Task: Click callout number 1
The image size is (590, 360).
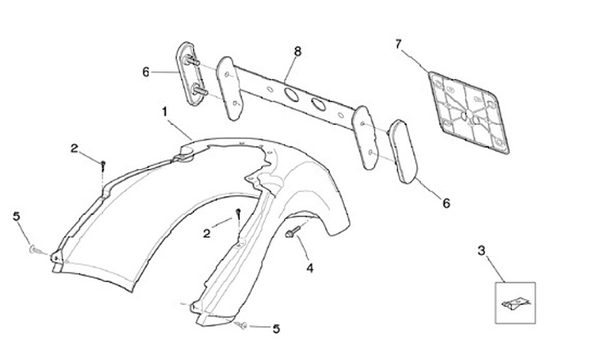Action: (x=165, y=109)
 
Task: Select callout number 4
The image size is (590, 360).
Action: (x=310, y=267)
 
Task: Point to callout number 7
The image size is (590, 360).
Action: (x=399, y=44)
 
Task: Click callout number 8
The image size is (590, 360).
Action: (x=297, y=51)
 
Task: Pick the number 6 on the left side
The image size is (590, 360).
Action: (x=146, y=72)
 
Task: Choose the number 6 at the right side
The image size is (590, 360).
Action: (x=446, y=202)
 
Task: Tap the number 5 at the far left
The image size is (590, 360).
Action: (x=16, y=216)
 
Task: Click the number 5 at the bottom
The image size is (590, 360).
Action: (x=276, y=328)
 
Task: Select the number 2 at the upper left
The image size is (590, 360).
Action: (x=75, y=148)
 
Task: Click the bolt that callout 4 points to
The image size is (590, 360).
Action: (x=293, y=235)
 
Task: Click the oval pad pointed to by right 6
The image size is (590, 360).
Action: (x=403, y=149)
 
